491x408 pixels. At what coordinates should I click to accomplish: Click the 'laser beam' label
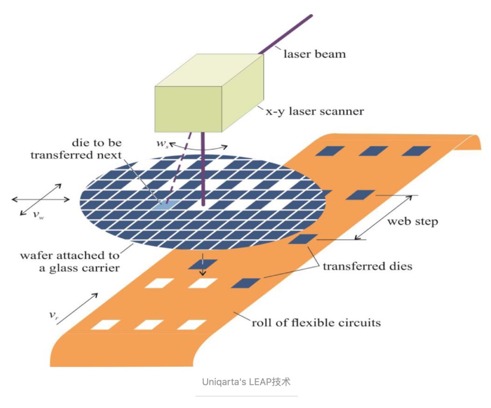pos(315,54)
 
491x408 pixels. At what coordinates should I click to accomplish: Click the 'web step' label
pos(412,222)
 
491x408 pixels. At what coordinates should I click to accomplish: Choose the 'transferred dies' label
pos(367,266)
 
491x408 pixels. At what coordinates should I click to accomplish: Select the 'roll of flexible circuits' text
pos(316,323)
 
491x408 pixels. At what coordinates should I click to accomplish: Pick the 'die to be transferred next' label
pos(76,149)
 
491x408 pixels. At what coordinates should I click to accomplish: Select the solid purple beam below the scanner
pos(201,168)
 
